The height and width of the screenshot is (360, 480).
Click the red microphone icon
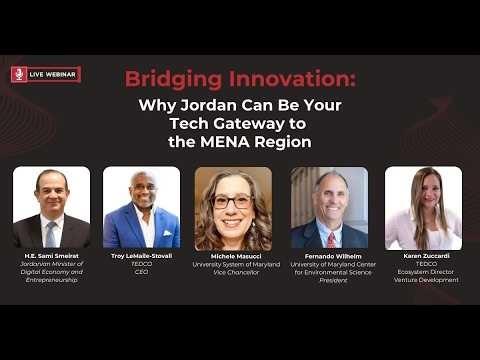point(19,74)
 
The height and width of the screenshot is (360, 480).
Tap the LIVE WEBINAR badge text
point(53,74)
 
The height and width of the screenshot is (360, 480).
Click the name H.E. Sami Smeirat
point(51,256)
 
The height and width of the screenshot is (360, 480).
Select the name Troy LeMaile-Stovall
point(142,256)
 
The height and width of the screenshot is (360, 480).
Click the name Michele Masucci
point(233,256)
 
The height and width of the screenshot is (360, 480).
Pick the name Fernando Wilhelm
point(329,256)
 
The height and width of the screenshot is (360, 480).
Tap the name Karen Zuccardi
point(423,256)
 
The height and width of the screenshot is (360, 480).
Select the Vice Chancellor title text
point(233,272)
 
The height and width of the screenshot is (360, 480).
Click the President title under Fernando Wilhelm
point(329,280)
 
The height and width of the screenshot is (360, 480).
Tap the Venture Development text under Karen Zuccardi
point(423,280)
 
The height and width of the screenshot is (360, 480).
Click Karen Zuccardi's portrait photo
point(423,207)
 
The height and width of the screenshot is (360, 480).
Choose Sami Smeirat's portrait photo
point(51,207)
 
